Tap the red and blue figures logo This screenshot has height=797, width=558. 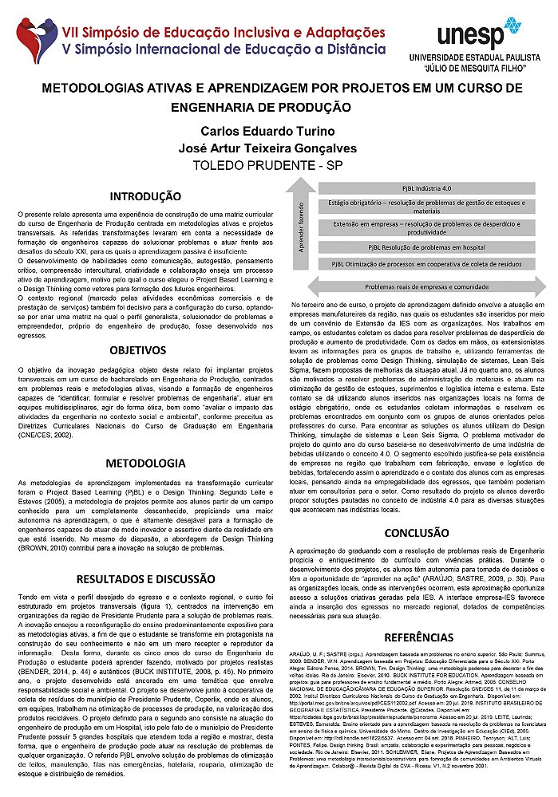[x=34, y=43]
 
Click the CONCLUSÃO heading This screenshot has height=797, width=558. [x=418, y=533]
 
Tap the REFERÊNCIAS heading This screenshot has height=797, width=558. [x=418, y=637]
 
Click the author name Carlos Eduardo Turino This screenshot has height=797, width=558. [x=279, y=130]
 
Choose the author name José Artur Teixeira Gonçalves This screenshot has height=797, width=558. [x=279, y=148]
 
